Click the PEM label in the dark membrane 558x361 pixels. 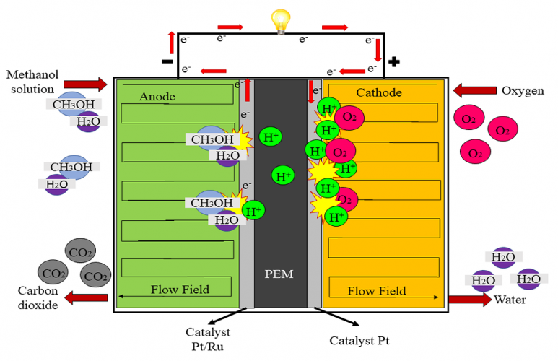(279, 274)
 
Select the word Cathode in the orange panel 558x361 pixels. (379, 92)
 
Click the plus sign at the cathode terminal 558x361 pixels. (393, 61)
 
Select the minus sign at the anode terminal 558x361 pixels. (167, 62)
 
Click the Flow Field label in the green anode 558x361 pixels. (180, 290)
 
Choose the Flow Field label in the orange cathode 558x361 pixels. (376, 291)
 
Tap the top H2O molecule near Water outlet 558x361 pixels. (503, 257)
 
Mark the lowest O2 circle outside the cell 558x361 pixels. (475, 153)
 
